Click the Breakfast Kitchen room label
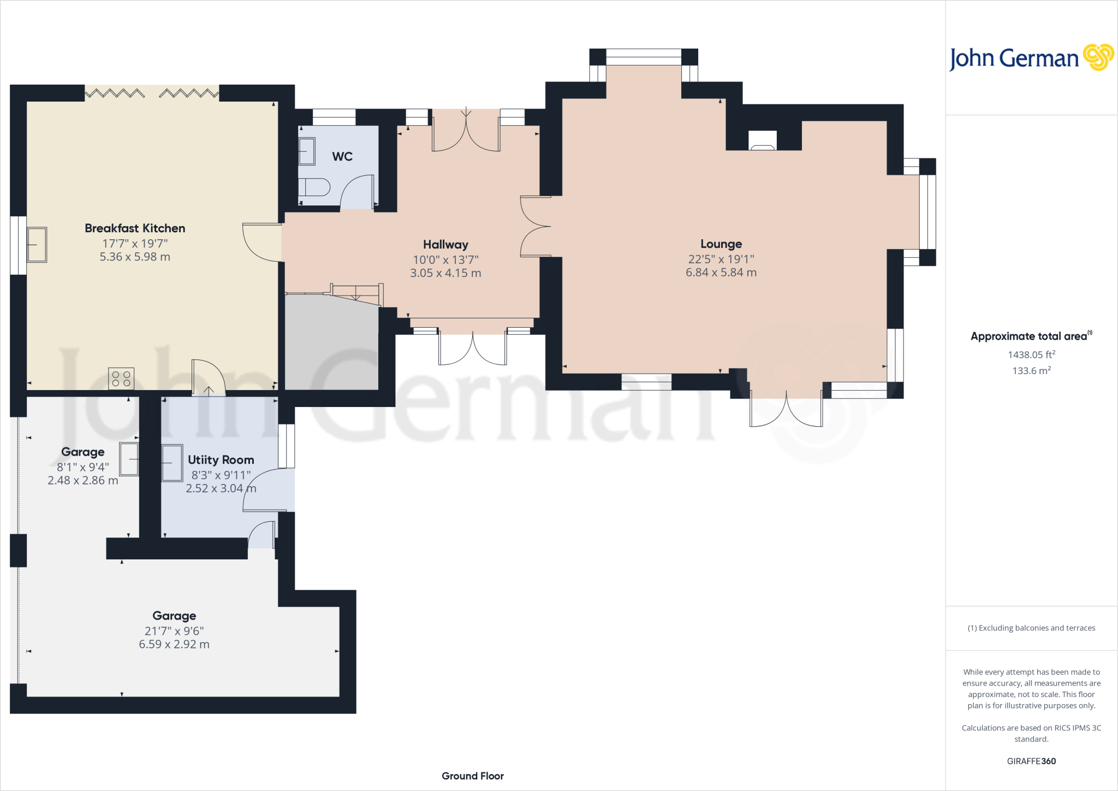pos(135,228)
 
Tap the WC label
pos(342,157)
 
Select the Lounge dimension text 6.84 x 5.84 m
pos(721,273)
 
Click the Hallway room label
pos(445,245)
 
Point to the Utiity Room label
pos(221,460)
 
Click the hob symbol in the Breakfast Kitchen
pos(121,379)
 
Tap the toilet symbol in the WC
pos(314,187)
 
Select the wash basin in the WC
pos(307,151)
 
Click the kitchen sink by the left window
pos(37,245)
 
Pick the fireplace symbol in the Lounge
pos(763,141)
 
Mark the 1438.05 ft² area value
pos(1031,355)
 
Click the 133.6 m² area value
pos(1031,371)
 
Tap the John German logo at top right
pos(1031,58)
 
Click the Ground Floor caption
pos(473,776)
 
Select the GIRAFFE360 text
pos(1031,761)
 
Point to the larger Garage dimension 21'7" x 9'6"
pos(174,631)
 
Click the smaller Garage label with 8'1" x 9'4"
pos(83,452)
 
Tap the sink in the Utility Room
pos(172,463)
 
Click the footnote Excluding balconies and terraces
pos(1031,628)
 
